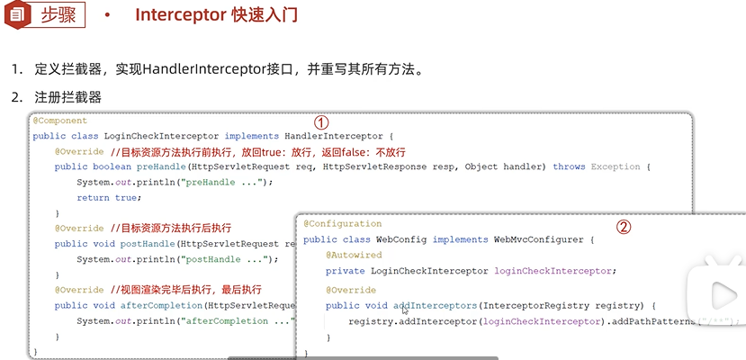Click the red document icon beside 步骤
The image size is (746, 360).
point(16,14)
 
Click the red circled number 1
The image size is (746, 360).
point(320,121)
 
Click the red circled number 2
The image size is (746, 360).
point(623,227)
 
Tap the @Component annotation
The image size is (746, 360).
point(60,121)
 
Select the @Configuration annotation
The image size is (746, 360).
point(342,223)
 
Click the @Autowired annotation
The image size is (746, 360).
point(354,256)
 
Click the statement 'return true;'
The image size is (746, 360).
point(109,197)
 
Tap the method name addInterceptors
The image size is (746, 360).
point(436,306)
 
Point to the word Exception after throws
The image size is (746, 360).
point(616,166)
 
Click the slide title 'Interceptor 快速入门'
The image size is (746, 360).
point(216,15)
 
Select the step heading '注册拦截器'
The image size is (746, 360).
point(67,96)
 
